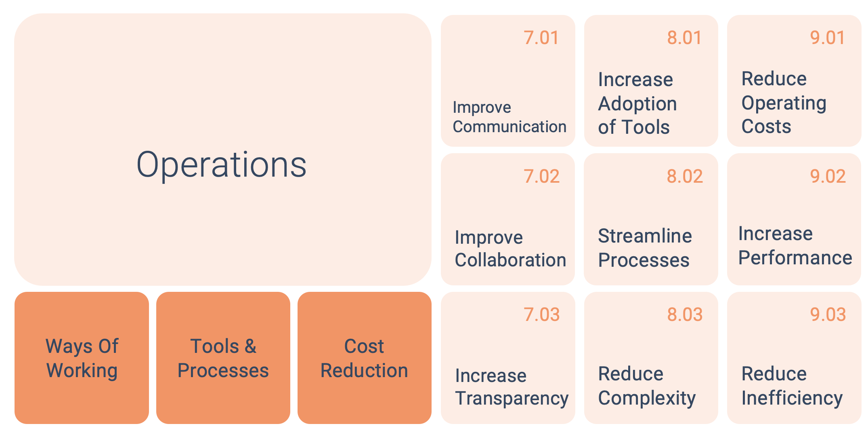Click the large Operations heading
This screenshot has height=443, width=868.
[x=221, y=165]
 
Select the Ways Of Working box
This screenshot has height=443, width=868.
[x=82, y=358]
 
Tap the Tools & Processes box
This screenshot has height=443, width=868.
[x=223, y=358]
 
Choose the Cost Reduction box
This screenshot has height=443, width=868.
[x=365, y=358]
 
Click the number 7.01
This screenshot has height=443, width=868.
[x=541, y=38]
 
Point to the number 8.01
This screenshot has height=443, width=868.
[x=685, y=38]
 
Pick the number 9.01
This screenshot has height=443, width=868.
[x=828, y=38]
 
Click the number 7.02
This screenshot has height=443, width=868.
[x=541, y=177]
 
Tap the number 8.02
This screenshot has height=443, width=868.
[x=685, y=177]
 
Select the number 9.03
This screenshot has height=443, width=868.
[x=828, y=315]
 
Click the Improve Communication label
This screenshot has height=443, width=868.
[x=509, y=117]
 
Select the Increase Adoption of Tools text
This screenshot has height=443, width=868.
[x=637, y=103]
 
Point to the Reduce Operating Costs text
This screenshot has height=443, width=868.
[x=784, y=103]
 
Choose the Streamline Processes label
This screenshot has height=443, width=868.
[x=645, y=248]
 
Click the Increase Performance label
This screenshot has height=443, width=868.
[x=795, y=246]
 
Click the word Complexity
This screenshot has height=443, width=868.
[x=647, y=399]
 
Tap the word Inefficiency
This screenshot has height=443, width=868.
[x=792, y=399]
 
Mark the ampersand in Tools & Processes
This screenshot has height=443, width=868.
[x=250, y=346]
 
